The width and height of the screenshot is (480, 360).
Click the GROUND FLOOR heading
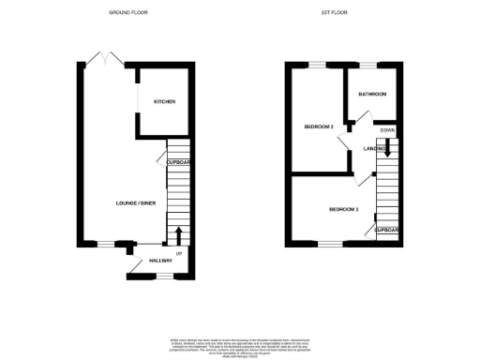pyautogui.click(x=129, y=13)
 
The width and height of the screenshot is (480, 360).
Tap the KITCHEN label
pyautogui.click(x=165, y=101)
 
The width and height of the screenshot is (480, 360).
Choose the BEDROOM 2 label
pyautogui.click(x=319, y=126)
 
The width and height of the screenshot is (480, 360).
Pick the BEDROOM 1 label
pyautogui.click(x=343, y=208)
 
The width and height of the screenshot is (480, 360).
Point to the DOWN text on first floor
pyautogui.click(x=387, y=129)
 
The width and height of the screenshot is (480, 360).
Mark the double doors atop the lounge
pyautogui.click(x=108, y=60)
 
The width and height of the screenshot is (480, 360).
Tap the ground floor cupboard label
pyautogui.click(x=178, y=162)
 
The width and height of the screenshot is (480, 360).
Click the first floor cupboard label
pyautogui.click(x=387, y=230)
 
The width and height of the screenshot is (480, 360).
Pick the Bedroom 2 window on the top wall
pyautogui.click(x=318, y=65)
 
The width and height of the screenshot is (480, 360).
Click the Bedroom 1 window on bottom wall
pyautogui.click(x=330, y=244)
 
